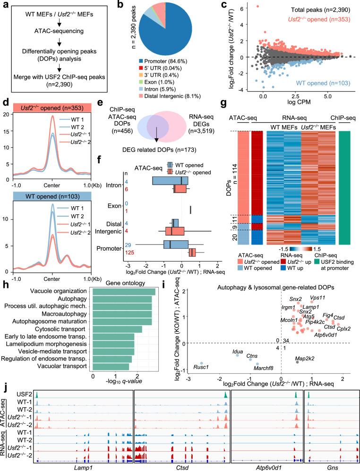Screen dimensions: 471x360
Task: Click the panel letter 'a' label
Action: click(4, 6)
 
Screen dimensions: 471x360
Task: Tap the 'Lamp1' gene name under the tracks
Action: click(83, 466)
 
